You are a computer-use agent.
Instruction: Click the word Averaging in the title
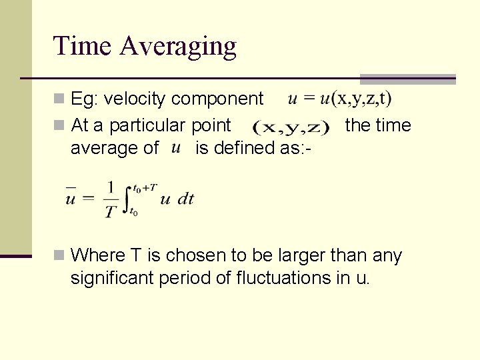178,47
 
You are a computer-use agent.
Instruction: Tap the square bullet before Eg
60,99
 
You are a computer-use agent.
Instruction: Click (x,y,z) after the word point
291,126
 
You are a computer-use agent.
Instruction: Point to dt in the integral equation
186,199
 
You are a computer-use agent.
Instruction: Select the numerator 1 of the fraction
110,188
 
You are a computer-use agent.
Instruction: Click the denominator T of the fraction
110,211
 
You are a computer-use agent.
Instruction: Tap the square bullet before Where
60,255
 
